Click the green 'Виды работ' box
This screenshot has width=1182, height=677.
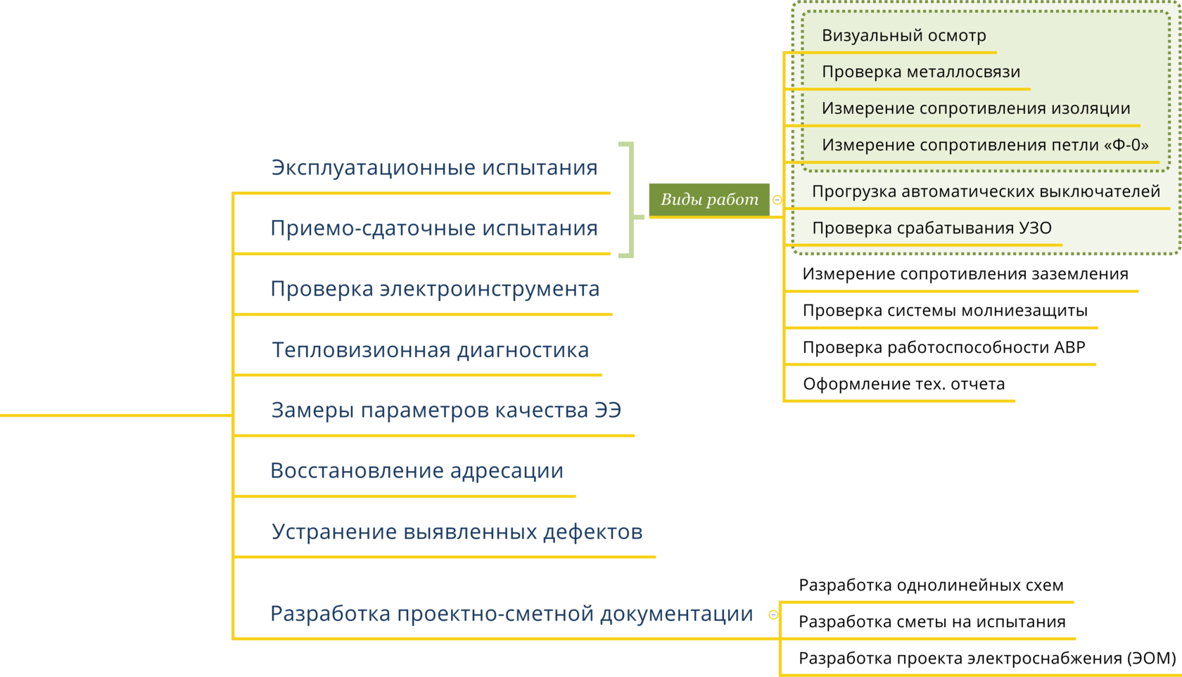[x=708, y=199]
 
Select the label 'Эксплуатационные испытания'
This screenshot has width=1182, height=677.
[x=434, y=168]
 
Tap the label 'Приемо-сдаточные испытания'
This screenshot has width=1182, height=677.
[x=434, y=228]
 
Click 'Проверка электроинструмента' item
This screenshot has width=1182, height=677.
[x=435, y=289]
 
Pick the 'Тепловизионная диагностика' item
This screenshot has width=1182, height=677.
[x=430, y=350]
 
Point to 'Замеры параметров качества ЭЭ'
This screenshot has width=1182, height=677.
[x=446, y=410]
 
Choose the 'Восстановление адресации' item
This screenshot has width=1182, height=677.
[x=417, y=470]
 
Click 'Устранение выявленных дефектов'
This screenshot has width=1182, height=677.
[x=457, y=531]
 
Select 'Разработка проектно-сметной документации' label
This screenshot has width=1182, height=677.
[x=511, y=614]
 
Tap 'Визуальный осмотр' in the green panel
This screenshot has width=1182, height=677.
[x=903, y=36]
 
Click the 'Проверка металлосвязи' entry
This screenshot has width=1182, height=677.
[x=920, y=72]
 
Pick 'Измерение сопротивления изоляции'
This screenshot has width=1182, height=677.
[x=975, y=108]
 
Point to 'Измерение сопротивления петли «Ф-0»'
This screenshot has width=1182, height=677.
[x=984, y=145]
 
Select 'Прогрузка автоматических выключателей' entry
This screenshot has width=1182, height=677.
[x=985, y=191]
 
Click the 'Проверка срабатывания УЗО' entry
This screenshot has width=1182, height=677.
[x=932, y=228]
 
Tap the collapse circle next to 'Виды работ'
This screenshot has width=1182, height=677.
[x=777, y=200]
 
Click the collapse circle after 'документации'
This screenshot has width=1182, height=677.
[x=773, y=614]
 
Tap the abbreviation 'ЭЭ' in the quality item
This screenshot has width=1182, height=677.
[x=608, y=410]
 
